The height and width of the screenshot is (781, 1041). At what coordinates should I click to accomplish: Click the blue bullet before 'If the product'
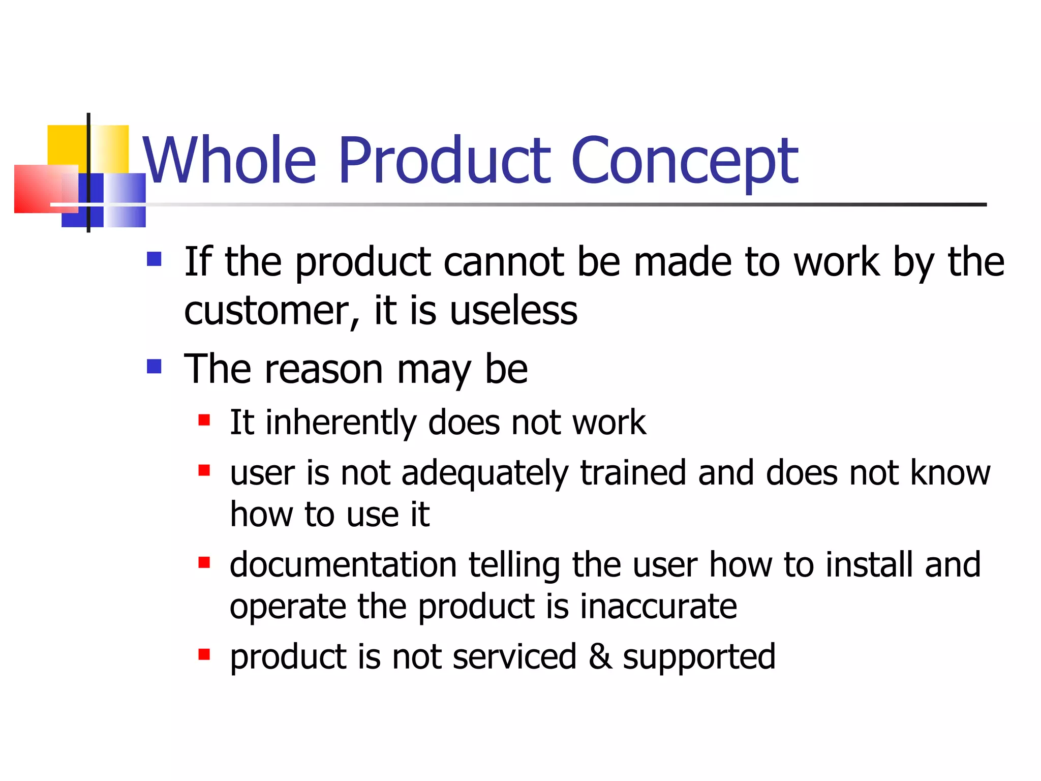tap(154, 259)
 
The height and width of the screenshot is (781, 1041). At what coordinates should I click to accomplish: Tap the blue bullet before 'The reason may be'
tap(154, 366)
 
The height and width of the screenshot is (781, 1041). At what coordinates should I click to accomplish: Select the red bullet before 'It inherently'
tap(204, 420)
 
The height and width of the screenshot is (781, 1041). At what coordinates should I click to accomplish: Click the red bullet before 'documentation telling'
tap(204, 562)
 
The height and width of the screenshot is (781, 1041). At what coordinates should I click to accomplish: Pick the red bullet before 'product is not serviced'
tap(204, 654)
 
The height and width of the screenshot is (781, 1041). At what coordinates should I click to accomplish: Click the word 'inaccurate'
tap(658, 607)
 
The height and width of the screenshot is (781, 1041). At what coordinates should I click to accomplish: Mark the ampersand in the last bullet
tap(600, 656)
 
